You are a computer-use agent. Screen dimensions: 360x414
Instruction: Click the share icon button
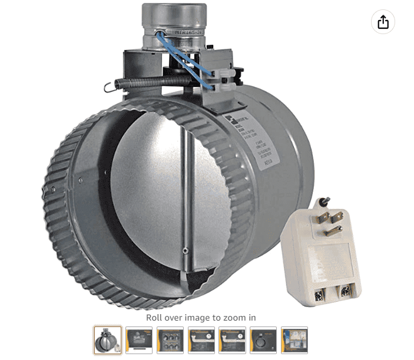(383, 22)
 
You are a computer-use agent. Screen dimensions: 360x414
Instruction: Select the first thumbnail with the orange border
(108, 340)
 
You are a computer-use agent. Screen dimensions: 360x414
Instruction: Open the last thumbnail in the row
(294, 340)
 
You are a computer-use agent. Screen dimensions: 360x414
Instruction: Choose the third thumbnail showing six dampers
(170, 340)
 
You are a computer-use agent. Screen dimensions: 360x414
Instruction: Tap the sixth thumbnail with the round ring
(263, 340)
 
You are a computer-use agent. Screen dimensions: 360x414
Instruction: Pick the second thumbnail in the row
(139, 340)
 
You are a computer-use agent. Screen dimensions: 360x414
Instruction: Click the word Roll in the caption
(155, 318)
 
